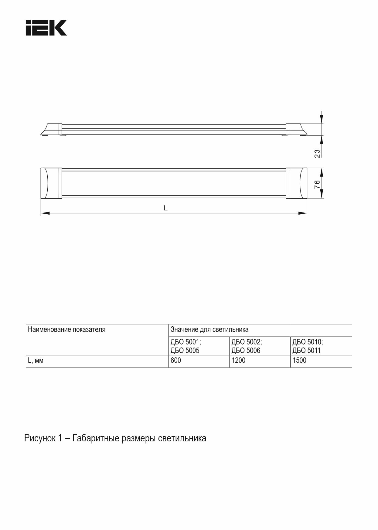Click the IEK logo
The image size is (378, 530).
tap(46, 28)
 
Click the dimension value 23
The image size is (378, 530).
tap(317, 153)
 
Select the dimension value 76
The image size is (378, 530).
tap(317, 184)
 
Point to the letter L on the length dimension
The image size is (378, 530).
tap(166, 208)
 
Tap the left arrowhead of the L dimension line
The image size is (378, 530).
tap(45, 213)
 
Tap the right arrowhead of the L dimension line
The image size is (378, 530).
tap(303, 213)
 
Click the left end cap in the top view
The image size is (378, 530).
tap(51, 183)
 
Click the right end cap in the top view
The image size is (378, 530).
tap(297, 183)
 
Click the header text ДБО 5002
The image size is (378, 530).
tap(247, 342)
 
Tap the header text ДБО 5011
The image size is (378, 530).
tap(306, 351)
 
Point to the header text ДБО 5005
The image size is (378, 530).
tap(185, 351)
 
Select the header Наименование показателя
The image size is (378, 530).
tap(66, 330)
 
